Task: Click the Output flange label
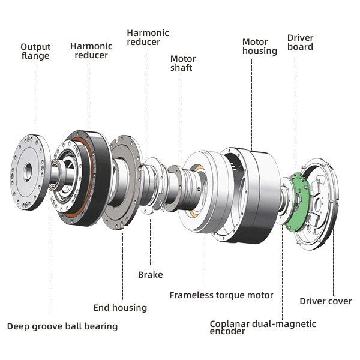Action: [35, 52]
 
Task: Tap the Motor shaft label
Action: [183, 64]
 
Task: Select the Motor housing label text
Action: [259, 47]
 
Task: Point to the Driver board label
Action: [300, 42]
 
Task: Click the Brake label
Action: [150, 275]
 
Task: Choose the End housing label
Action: [120, 308]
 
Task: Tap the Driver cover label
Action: [326, 301]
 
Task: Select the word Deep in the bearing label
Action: [19, 326]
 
